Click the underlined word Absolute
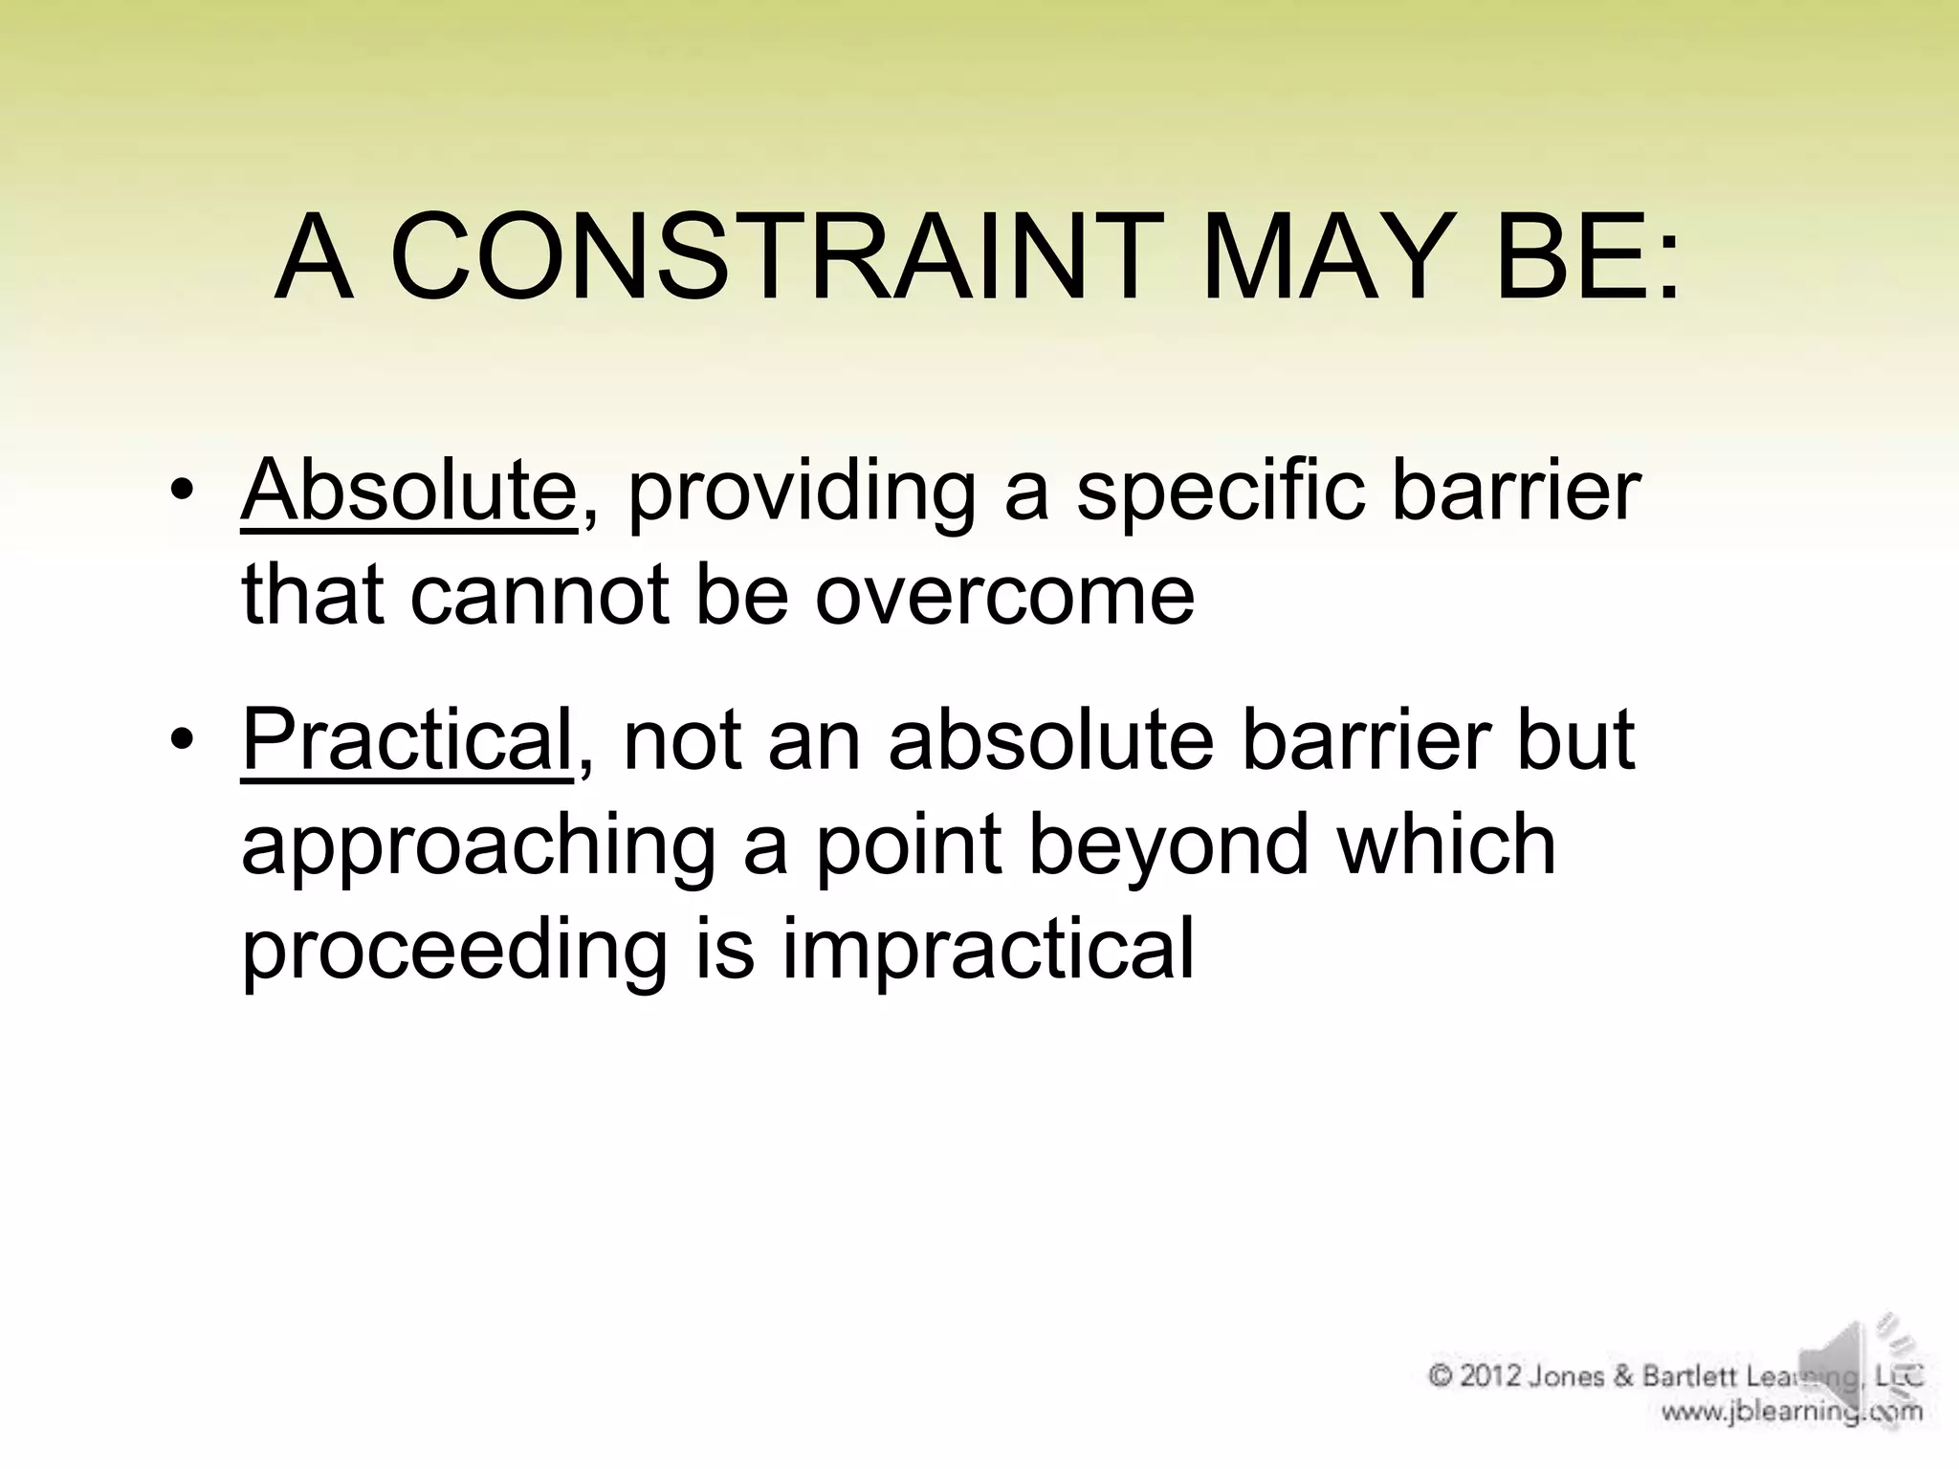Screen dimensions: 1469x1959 coord(408,491)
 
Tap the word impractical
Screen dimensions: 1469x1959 coord(987,950)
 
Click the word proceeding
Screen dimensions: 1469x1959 coord(453,950)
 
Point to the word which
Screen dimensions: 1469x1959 coord(1446,844)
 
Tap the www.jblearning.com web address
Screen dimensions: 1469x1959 coord(1791,1412)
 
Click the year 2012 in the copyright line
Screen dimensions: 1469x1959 coord(1491,1377)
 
